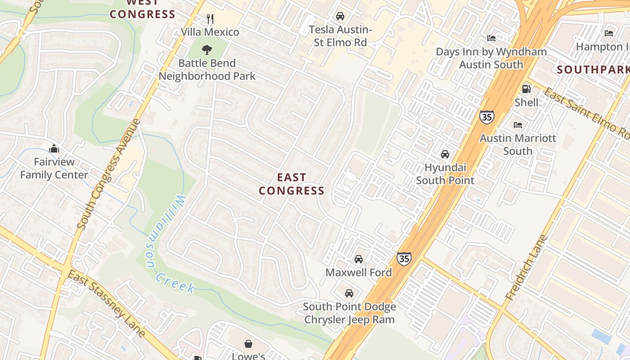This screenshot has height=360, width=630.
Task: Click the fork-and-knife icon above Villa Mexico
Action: click(x=210, y=18)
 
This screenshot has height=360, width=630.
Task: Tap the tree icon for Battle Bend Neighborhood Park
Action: click(x=207, y=49)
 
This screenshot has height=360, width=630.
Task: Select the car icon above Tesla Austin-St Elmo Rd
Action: click(x=340, y=16)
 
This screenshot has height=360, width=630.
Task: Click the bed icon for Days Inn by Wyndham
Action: click(x=491, y=38)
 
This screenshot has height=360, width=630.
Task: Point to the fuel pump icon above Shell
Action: click(x=526, y=89)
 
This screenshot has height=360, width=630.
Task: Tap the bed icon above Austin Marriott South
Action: click(x=518, y=125)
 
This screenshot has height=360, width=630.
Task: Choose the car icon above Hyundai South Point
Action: click(x=445, y=154)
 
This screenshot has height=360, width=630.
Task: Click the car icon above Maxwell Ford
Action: click(x=359, y=259)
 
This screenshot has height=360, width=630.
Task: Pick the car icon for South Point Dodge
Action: click(x=349, y=293)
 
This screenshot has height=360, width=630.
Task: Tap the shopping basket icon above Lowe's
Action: click(x=248, y=344)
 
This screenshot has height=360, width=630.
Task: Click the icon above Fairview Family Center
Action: click(x=54, y=148)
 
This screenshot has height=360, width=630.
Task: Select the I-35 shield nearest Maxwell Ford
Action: click(x=404, y=259)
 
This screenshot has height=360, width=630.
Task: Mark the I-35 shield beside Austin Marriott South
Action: click(x=486, y=117)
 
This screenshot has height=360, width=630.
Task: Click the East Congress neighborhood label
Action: click(x=292, y=184)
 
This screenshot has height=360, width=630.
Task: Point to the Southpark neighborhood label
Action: click(x=593, y=70)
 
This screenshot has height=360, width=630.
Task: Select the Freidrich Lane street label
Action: click(x=526, y=268)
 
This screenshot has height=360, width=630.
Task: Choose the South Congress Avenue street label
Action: click(x=109, y=174)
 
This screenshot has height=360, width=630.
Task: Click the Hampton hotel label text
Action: click(x=603, y=46)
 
